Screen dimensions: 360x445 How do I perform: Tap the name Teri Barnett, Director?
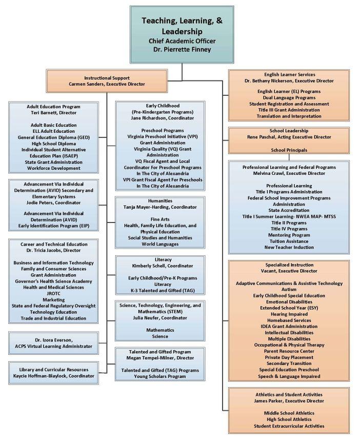point(53,113)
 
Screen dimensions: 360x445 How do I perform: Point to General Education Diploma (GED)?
point(53,138)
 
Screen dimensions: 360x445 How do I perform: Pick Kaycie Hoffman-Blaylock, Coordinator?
point(53,376)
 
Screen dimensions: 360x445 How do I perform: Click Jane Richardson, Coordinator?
point(162,118)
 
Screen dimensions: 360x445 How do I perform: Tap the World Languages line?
point(162,244)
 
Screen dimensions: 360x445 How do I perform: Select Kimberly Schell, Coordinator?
point(162,266)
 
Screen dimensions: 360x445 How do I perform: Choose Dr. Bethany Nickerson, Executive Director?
point(289,81)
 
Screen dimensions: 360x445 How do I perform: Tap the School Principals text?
point(289,150)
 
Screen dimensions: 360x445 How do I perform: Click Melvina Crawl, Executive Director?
point(289,173)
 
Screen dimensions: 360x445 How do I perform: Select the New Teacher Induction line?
point(289,247)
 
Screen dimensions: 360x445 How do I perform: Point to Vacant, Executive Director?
point(289,271)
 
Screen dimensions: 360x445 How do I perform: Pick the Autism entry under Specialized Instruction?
point(289,290)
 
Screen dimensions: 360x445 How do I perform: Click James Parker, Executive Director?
point(289,401)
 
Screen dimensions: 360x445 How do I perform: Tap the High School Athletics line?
point(289,419)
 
